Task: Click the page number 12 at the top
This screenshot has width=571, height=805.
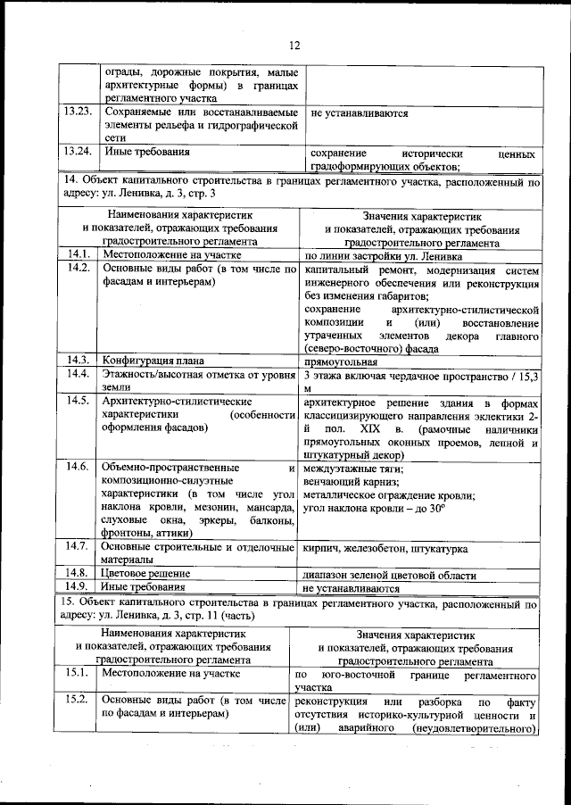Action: (294, 46)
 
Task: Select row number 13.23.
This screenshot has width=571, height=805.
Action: (79, 113)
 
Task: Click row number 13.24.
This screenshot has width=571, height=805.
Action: (79, 151)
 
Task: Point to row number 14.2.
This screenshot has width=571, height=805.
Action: (79, 269)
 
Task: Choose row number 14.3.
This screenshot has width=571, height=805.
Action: (79, 361)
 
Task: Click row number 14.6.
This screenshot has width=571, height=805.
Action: (79, 467)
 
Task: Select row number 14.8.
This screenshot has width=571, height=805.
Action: (79, 572)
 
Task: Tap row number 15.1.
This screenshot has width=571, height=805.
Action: (79, 676)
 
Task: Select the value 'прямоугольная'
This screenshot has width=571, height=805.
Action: (341, 362)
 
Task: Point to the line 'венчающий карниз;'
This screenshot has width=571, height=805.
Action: (351, 482)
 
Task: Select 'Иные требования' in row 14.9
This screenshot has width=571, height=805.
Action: (145, 586)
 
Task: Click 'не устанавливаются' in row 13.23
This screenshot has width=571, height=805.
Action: (360, 114)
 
